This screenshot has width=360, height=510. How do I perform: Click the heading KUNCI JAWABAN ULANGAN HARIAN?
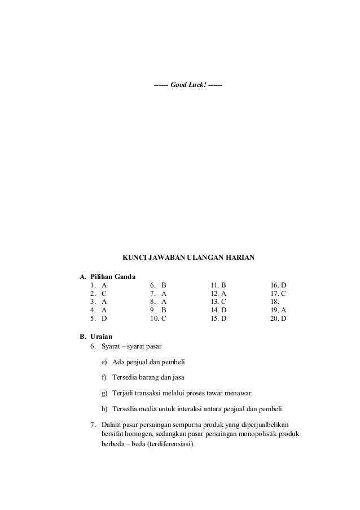click(x=188, y=258)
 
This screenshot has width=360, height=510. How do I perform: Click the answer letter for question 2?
click(x=104, y=294)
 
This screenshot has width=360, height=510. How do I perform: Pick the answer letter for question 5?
click(x=104, y=319)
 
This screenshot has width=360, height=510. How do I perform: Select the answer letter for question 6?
click(x=164, y=286)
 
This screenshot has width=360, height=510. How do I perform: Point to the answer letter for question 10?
click(x=164, y=319)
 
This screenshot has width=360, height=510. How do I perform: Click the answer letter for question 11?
click(x=223, y=286)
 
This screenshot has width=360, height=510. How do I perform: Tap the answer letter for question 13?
click(x=223, y=302)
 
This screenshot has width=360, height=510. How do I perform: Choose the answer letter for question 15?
click(x=223, y=319)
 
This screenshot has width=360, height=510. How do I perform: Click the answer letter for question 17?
click(x=283, y=294)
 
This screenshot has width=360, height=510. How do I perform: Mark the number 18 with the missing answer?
click(x=275, y=302)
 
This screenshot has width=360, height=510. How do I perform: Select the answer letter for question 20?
click(x=283, y=319)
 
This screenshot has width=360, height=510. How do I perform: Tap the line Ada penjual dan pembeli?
click(x=149, y=362)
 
